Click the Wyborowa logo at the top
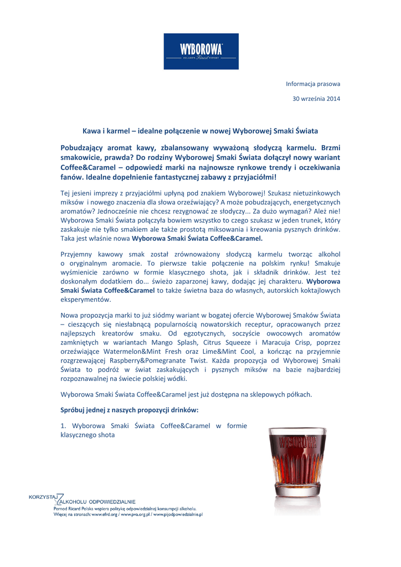pyautogui.click(x=200, y=51)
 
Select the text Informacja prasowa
pyautogui.click(x=312, y=84)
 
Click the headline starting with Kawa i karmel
pyautogui.click(x=200, y=131)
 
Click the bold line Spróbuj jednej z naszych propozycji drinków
pyautogui.click(x=128, y=410)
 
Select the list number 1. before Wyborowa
pyautogui.click(x=63, y=426)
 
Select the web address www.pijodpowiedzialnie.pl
pyautogui.click(x=177, y=514)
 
